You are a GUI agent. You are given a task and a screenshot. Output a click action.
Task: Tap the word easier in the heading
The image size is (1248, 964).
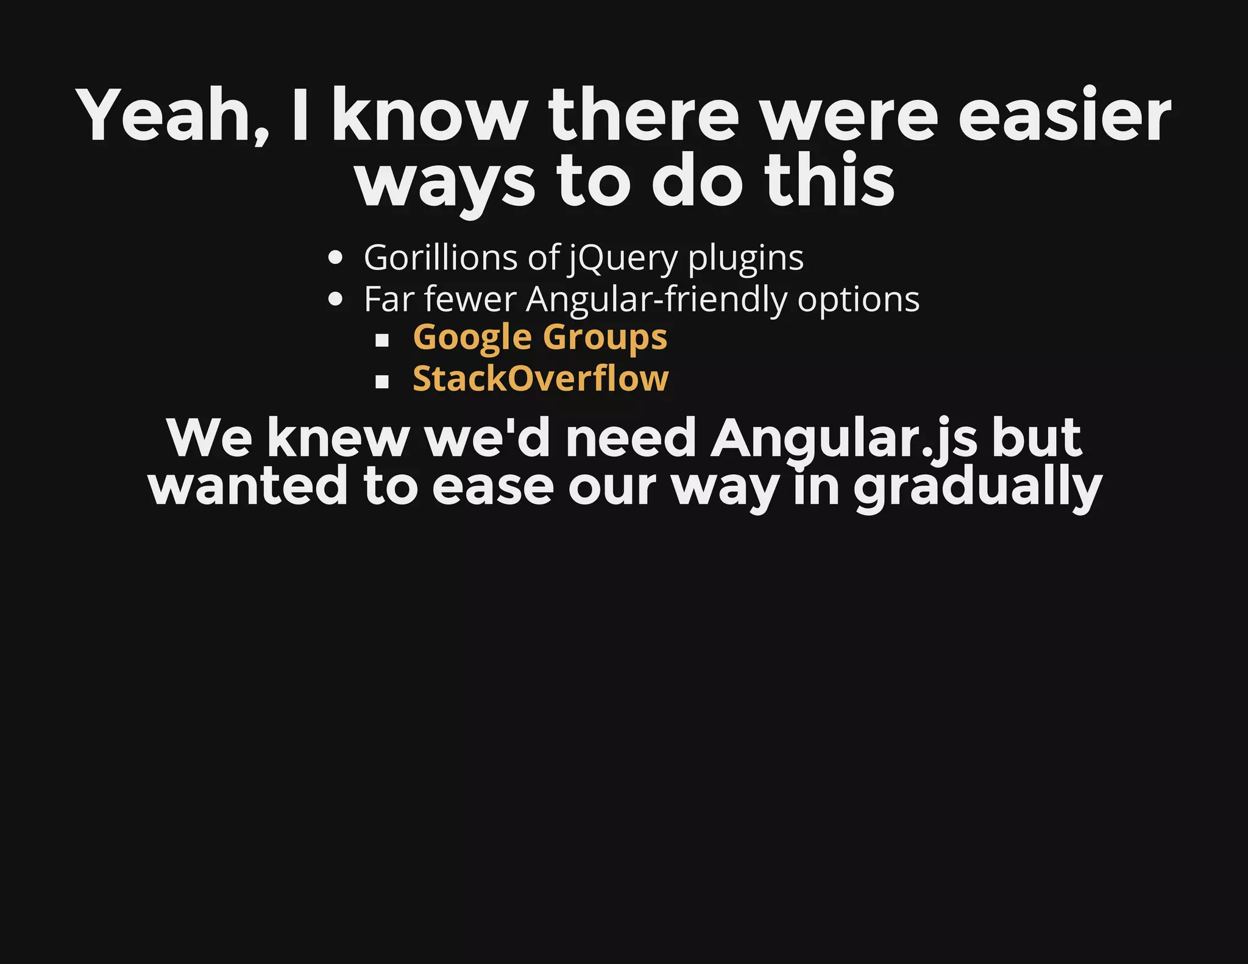(1064, 116)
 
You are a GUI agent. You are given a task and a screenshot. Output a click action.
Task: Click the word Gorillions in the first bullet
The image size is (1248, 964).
(440, 257)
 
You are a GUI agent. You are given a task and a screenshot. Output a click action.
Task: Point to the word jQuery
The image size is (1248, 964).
(623, 258)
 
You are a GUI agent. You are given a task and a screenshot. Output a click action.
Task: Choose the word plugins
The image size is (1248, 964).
(746, 258)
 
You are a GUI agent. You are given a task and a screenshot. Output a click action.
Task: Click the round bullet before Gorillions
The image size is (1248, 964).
(335, 258)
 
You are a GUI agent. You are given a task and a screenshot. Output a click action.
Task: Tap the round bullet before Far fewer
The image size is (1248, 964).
(335, 299)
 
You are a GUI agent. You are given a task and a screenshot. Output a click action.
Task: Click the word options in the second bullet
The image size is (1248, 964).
(858, 300)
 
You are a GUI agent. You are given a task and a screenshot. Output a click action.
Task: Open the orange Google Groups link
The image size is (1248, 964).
(540, 338)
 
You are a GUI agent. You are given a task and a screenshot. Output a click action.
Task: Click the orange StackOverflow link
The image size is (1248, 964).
(541, 378)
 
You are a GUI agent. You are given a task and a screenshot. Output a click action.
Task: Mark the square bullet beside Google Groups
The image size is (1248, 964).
(382, 340)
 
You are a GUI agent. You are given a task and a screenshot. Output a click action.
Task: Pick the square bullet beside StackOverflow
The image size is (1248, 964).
(382, 381)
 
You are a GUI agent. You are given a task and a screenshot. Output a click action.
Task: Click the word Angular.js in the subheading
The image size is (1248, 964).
(844, 439)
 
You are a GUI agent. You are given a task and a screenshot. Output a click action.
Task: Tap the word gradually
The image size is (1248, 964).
(977, 487)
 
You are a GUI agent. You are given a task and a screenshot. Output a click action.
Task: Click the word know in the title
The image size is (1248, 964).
(430, 116)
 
